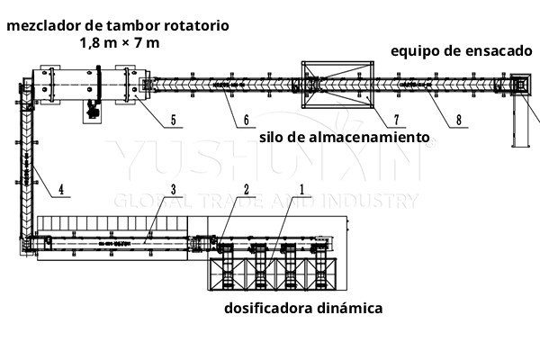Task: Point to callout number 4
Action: coord(60,189)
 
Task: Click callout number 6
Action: coord(246,119)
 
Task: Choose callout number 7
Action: coord(370,119)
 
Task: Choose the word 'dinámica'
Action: coord(349,308)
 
